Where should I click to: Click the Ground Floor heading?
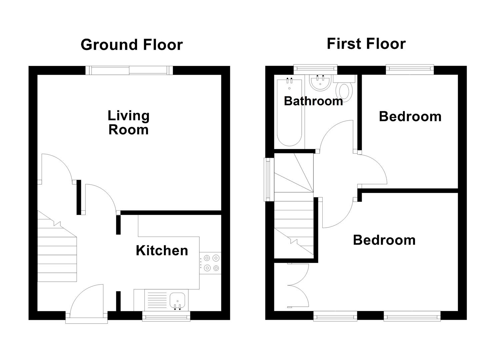[132, 45]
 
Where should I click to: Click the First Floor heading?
[366, 44]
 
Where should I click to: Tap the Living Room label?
[129, 123]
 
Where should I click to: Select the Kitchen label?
[162, 251]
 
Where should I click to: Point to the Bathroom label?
[313, 101]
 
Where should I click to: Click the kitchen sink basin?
[177, 300]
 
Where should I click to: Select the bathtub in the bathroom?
[289, 112]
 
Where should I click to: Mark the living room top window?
[129, 70]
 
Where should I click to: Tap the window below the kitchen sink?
[166, 316]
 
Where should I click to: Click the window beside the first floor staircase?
[268, 179]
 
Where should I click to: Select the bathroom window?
[315, 69]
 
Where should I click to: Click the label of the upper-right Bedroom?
[410, 117]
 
